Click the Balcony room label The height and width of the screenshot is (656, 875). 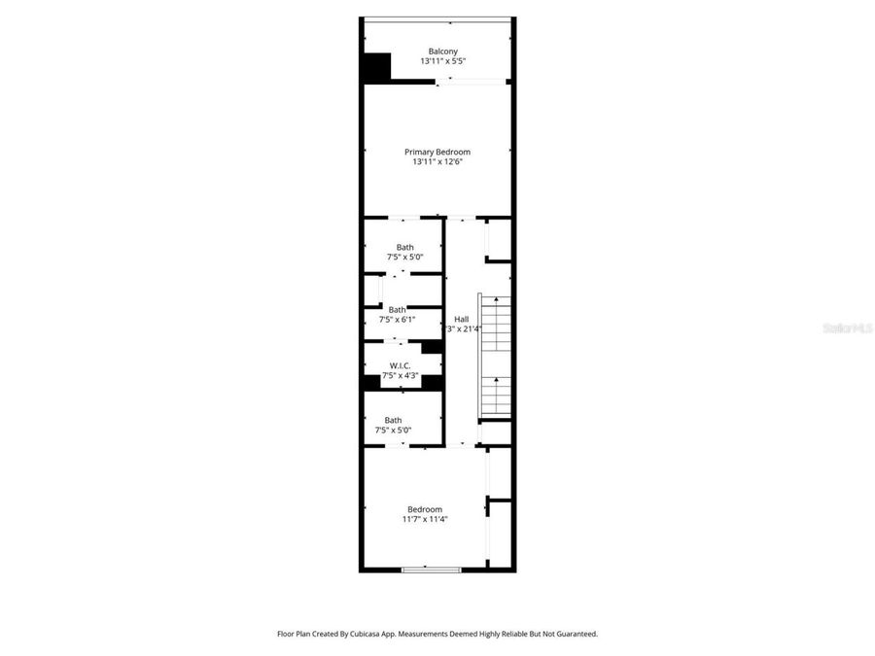pos(442,52)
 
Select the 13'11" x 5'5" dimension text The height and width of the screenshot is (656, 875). pos(442,61)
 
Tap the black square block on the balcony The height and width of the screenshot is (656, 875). pos(376,68)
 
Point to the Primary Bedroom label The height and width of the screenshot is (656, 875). pos(437,152)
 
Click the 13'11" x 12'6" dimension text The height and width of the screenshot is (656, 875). pos(437,162)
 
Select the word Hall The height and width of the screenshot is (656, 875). pos(461,319)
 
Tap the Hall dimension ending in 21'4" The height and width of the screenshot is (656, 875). pos(465,329)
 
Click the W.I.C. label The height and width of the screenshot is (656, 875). pos(400,365)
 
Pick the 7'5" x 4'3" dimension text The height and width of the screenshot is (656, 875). pos(400,375)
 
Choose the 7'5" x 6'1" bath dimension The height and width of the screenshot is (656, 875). pos(397,320)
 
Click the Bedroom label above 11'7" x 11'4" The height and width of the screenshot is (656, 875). pos(425,509)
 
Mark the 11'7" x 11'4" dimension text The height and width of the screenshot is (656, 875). pos(425,520)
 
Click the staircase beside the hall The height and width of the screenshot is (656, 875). pos(495,356)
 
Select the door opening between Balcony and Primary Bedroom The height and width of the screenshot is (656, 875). pos(472,82)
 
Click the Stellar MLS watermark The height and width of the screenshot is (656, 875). pos(847,328)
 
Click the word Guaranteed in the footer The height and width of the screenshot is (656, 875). pos(574,634)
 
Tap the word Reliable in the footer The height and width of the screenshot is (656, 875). pos(512,634)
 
